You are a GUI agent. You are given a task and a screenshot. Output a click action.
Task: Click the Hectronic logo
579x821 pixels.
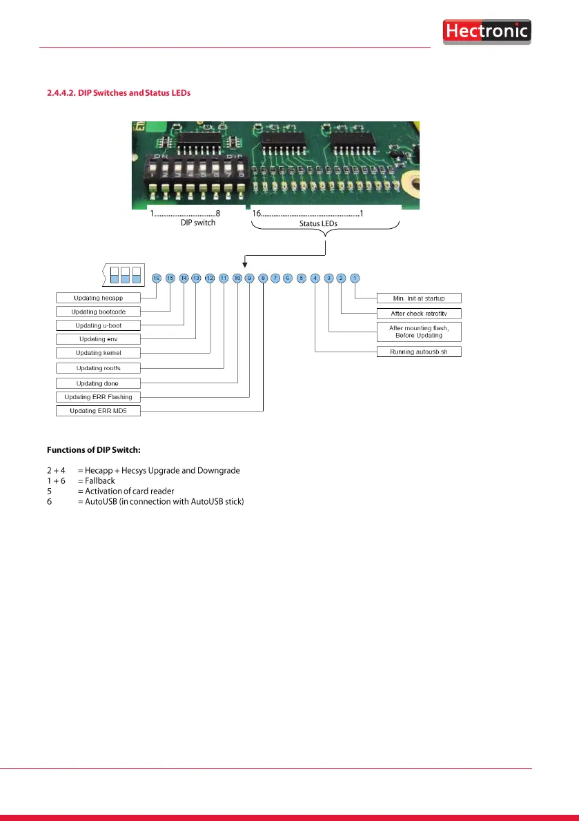tap(487, 32)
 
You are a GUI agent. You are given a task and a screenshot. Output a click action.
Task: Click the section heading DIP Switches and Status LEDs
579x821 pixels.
tap(118, 92)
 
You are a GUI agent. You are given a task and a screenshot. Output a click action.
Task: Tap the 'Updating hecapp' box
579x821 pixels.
tap(98, 298)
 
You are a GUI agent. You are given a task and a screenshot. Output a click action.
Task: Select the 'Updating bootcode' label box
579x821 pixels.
tap(98, 312)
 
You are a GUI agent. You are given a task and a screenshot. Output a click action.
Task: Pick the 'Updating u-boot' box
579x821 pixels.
tap(98, 325)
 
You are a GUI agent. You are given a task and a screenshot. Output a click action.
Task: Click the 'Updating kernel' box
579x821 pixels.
tap(98, 353)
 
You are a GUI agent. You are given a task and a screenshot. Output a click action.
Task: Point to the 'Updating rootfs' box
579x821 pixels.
tap(98, 368)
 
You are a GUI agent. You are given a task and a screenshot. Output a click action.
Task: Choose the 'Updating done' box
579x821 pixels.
tap(98, 383)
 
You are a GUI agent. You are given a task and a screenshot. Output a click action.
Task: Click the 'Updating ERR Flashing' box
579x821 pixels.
tap(98, 397)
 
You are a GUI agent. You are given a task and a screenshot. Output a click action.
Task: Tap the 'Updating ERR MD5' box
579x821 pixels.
tap(98, 411)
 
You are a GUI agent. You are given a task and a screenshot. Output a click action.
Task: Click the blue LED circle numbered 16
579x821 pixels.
tap(157, 278)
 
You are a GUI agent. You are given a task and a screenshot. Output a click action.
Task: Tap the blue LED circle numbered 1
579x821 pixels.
tap(355, 278)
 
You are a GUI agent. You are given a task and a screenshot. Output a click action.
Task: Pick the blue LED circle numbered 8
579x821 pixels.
tap(263, 278)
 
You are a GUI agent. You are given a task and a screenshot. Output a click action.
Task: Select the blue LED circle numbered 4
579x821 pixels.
tap(315, 278)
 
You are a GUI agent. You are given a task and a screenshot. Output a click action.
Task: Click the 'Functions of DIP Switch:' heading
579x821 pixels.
tap(94, 450)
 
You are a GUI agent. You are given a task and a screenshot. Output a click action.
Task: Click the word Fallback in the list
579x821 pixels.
tap(100, 480)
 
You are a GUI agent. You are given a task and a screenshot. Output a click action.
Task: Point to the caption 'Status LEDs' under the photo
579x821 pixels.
tap(318, 223)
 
